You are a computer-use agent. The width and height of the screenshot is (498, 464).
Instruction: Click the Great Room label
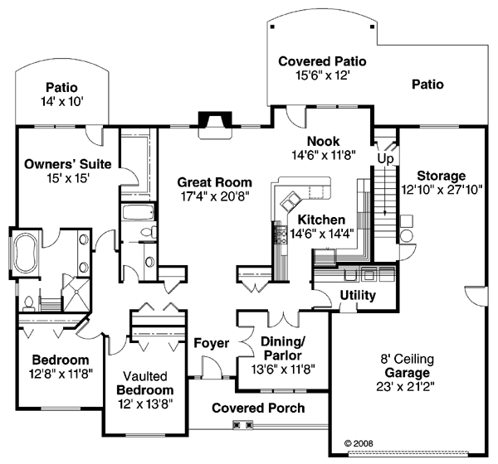click(x=214, y=182)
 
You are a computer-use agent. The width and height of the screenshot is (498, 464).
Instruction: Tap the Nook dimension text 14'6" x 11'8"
click(x=324, y=156)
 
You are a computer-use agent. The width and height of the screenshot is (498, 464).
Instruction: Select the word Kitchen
click(x=321, y=220)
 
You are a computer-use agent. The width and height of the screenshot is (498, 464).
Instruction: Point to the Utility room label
click(x=358, y=295)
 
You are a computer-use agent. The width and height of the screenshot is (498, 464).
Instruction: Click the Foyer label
click(x=211, y=343)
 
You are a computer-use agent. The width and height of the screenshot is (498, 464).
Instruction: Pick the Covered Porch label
click(x=258, y=408)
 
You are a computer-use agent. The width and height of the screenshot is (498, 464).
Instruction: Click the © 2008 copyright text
click(x=359, y=443)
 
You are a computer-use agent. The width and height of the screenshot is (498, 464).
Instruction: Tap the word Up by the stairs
click(x=386, y=158)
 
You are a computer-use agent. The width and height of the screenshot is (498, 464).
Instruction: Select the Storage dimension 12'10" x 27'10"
click(x=442, y=190)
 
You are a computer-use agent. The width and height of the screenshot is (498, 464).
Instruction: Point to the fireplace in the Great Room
click(x=215, y=124)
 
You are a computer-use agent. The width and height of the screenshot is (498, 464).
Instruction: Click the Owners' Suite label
click(x=68, y=164)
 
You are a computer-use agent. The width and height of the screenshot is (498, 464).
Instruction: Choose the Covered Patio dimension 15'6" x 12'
click(x=323, y=75)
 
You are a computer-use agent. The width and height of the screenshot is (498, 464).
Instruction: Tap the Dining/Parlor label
click(x=283, y=348)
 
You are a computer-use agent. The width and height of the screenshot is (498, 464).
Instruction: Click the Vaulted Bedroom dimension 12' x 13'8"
click(x=145, y=404)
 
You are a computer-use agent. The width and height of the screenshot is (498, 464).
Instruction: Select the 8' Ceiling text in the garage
click(x=408, y=359)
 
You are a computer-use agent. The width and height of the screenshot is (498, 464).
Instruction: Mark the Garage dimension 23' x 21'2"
click(x=405, y=387)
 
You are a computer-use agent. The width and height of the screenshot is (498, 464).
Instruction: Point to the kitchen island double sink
click(x=290, y=201)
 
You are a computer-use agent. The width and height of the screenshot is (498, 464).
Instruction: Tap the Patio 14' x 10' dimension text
click(x=62, y=102)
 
